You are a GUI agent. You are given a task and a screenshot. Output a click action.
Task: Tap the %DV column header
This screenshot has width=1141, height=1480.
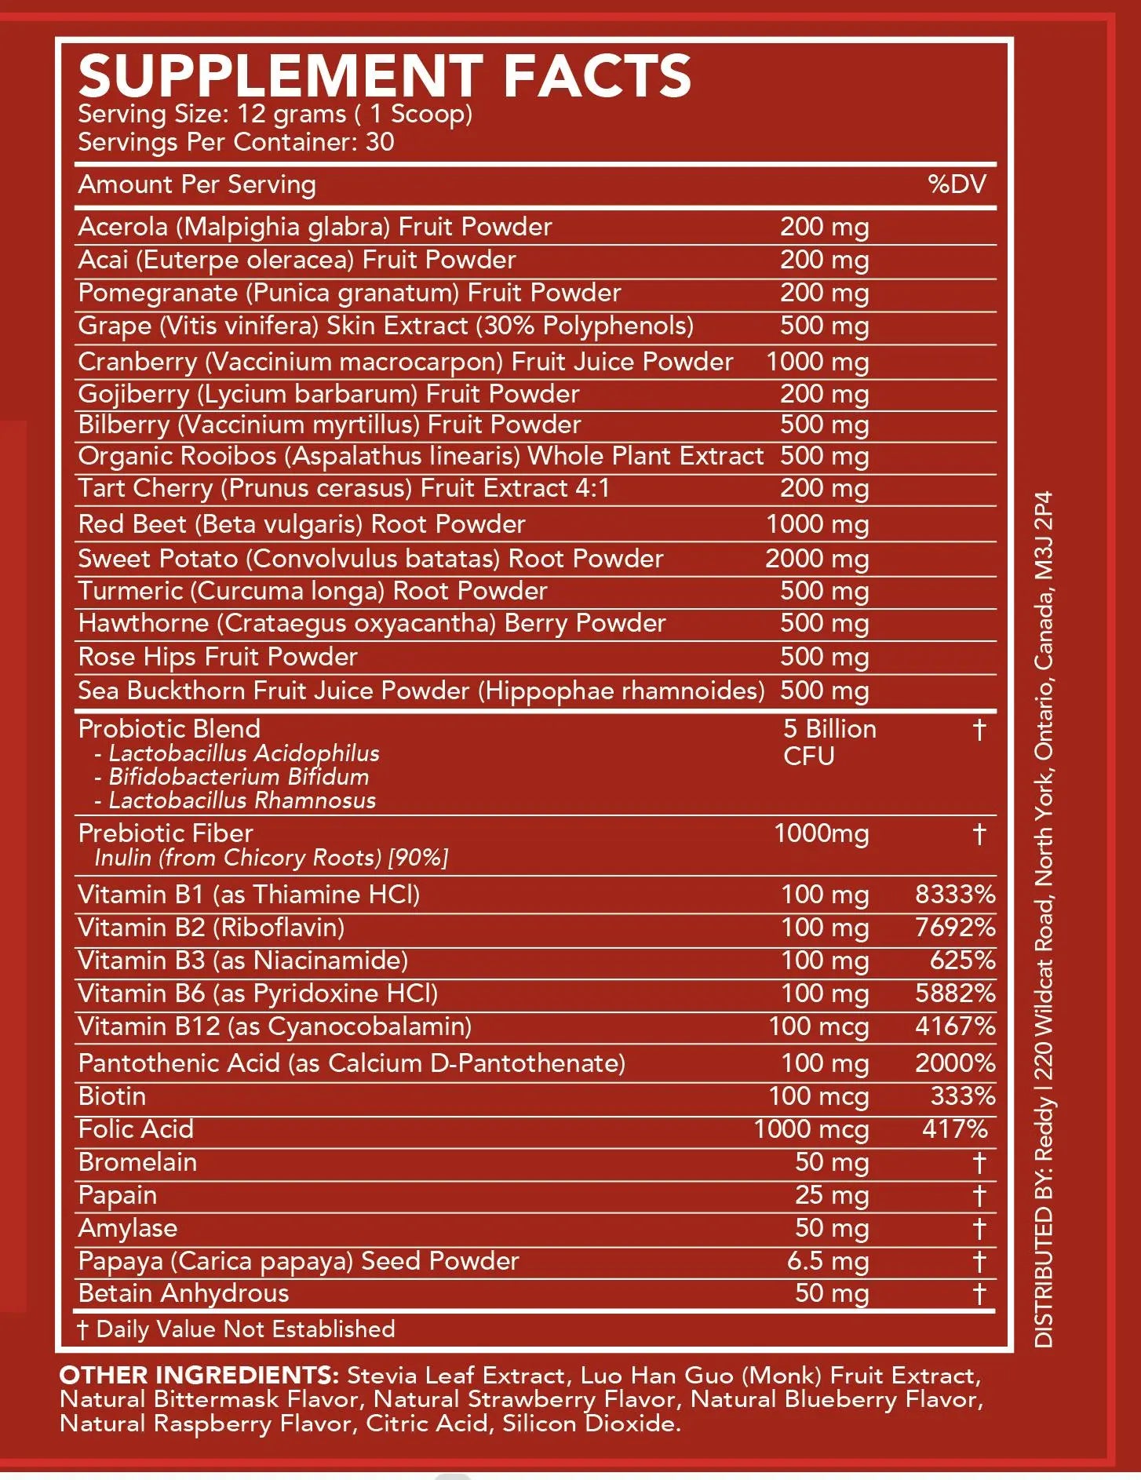point(957,184)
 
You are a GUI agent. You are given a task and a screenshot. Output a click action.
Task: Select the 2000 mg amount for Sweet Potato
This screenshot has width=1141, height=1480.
point(817,559)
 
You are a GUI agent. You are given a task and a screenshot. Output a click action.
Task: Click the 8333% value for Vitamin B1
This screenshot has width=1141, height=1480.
point(955,895)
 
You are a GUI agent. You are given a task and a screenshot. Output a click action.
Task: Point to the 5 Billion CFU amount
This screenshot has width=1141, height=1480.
point(829,742)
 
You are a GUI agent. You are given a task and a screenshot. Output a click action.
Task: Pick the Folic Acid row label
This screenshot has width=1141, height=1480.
point(136,1129)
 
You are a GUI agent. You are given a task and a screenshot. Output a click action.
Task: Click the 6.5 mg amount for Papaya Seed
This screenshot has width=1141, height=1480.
point(828,1261)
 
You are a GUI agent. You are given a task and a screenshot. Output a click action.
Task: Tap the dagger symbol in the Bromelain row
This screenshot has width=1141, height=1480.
point(979,1163)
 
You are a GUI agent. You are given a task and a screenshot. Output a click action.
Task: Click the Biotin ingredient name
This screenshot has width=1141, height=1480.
point(112,1096)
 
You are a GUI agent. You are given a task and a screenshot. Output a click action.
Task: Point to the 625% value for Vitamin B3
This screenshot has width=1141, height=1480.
point(962,961)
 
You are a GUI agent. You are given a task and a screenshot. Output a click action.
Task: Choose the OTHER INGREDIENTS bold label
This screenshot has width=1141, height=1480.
point(199,1376)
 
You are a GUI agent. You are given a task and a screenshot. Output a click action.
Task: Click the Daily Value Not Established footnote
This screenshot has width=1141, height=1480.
point(236,1329)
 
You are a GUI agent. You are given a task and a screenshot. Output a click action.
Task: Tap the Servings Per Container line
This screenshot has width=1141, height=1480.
point(235,142)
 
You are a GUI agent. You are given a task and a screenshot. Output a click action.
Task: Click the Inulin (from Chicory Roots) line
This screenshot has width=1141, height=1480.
point(271,858)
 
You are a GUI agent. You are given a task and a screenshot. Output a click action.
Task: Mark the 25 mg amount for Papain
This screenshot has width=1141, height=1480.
point(831,1195)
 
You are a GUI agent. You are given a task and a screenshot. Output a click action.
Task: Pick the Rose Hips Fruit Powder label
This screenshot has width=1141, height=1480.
point(217,657)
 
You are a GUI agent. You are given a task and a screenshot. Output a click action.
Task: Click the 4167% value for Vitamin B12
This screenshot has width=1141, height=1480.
point(955,1026)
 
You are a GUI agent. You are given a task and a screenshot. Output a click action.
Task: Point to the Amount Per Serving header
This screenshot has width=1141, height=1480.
point(197,184)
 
